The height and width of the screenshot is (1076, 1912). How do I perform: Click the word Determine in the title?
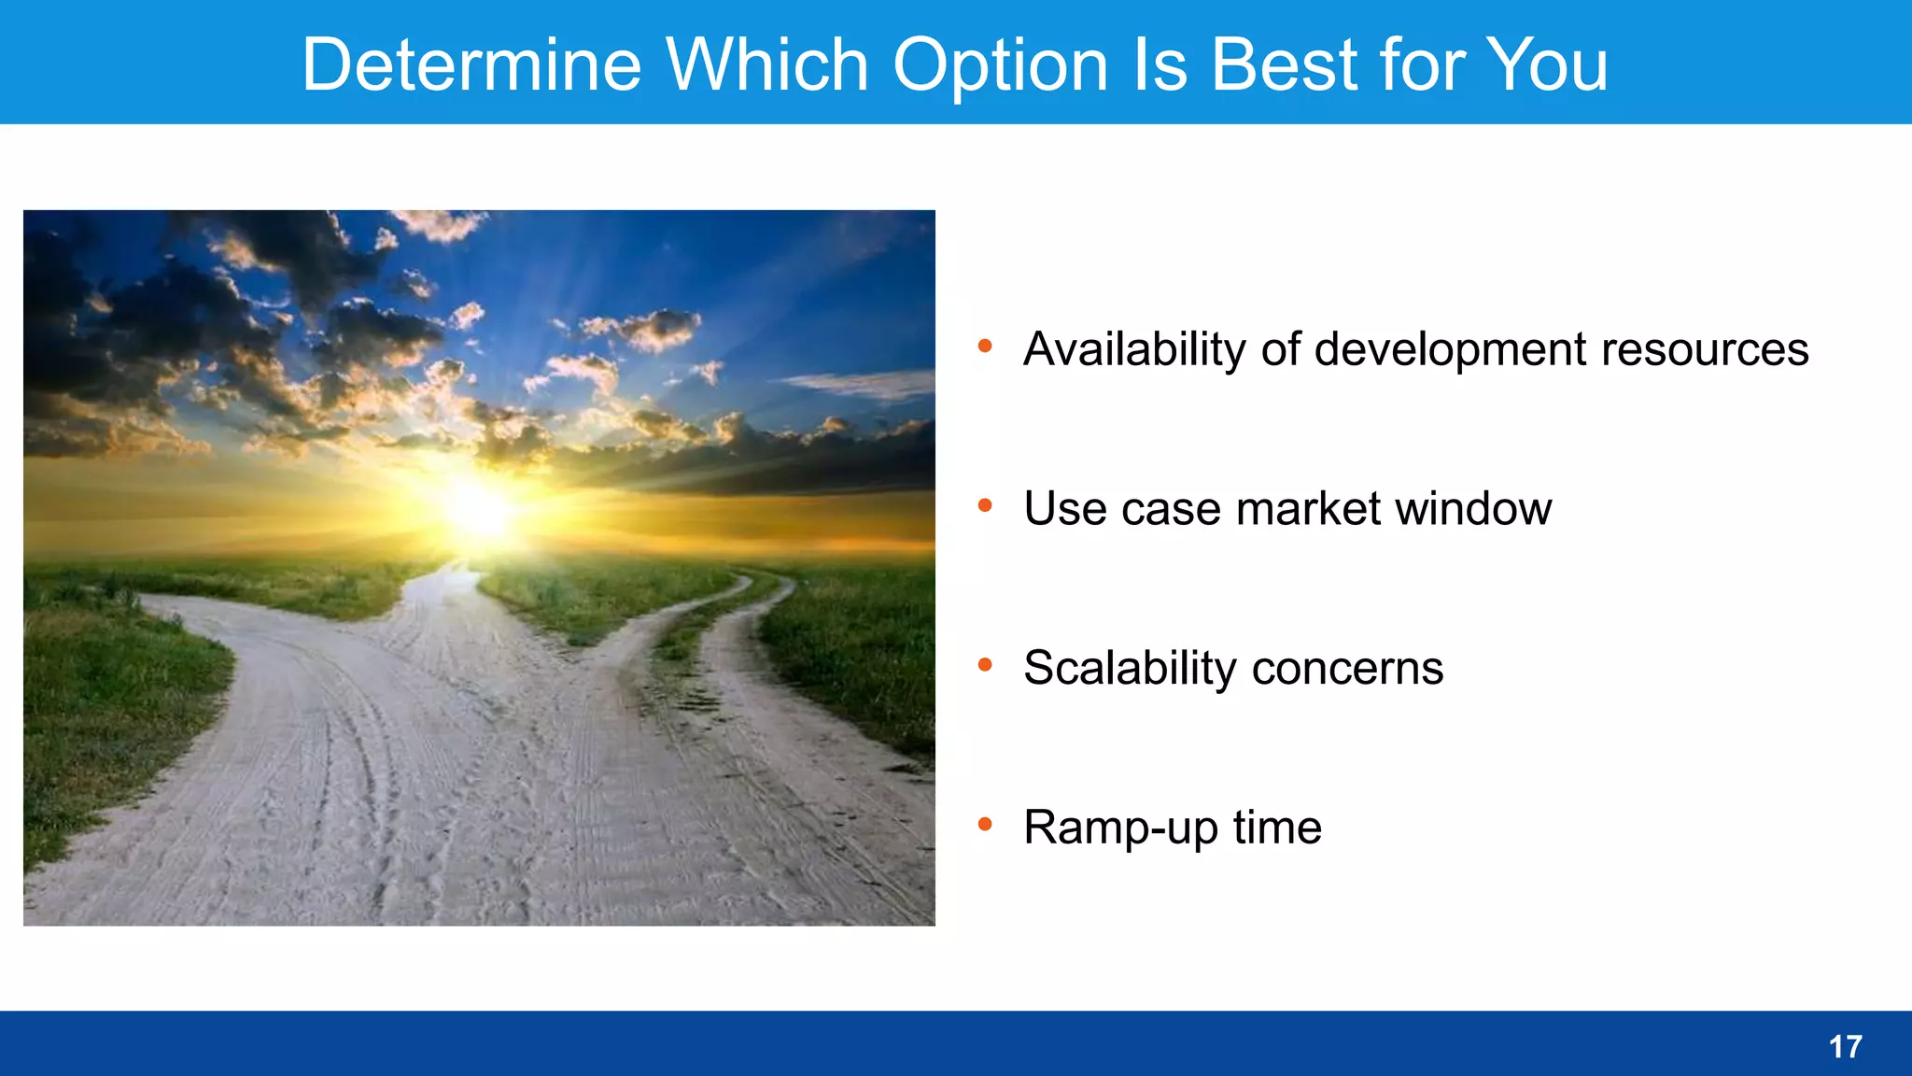[471, 65]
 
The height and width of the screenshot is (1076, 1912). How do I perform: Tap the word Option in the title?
[1000, 65]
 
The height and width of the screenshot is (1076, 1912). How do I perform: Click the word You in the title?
[1547, 65]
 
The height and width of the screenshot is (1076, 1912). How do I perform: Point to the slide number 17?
[1845, 1047]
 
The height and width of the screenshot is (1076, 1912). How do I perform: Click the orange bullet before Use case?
[985, 506]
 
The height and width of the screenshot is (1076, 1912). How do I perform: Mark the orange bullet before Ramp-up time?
[985, 825]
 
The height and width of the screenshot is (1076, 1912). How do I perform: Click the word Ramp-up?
[1120, 828]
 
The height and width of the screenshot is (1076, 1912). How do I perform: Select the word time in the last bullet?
[1276, 828]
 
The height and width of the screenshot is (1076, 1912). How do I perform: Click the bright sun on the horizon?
[477, 509]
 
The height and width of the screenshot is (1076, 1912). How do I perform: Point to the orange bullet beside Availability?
[985, 347]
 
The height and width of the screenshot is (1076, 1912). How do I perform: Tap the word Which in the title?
[766, 65]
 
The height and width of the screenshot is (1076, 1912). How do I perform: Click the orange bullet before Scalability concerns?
[985, 665]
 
